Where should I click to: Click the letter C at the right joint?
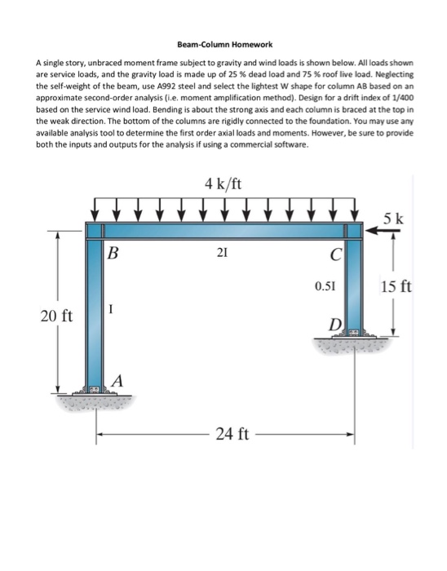point(334,254)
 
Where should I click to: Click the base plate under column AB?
point(97,393)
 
